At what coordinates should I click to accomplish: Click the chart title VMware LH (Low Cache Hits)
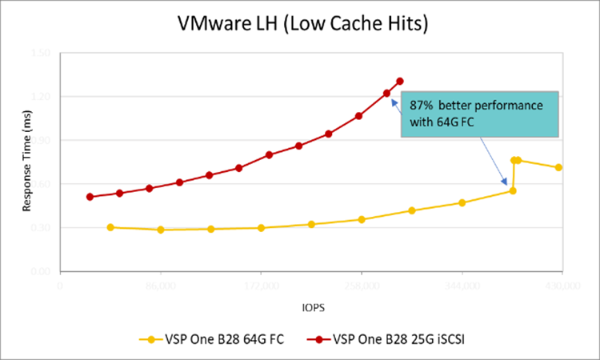tap(304, 25)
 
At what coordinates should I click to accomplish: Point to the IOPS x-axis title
tap(312, 306)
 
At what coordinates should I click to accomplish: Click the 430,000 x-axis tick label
tap(562, 284)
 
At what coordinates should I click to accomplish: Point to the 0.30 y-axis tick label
tap(41, 228)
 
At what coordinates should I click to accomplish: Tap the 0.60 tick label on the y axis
tap(41, 184)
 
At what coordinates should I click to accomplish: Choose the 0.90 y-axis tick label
tap(41, 140)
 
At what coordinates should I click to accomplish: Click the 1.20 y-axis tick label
tap(41, 97)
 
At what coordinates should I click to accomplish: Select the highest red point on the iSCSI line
tap(400, 81)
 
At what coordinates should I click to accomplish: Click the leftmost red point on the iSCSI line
tap(90, 197)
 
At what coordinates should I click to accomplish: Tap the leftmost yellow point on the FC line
tap(110, 227)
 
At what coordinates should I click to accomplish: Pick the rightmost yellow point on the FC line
tap(558, 167)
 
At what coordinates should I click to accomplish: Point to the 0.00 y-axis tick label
tap(41, 272)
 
